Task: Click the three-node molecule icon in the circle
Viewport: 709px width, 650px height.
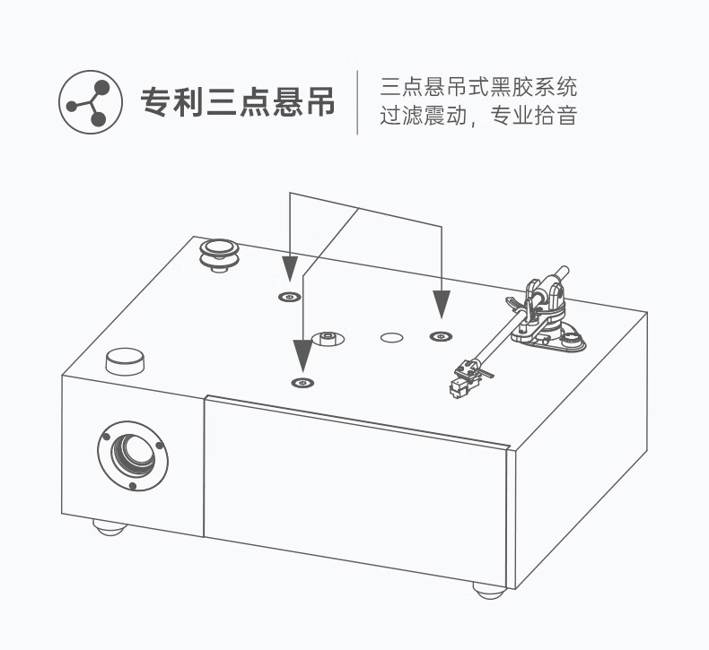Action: point(90,103)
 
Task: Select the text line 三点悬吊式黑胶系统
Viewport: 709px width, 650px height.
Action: point(478,88)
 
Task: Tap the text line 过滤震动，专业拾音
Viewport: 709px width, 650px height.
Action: point(478,117)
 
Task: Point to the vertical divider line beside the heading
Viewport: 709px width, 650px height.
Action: point(358,102)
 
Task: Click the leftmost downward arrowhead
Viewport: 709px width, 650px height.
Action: point(290,268)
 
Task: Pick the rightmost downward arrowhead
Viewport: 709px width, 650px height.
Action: point(441,305)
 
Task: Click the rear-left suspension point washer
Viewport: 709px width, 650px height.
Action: point(290,297)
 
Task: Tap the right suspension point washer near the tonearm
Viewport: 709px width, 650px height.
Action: point(440,336)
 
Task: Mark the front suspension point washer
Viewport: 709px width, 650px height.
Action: point(303,383)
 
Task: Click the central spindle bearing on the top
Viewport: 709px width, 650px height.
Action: point(327,339)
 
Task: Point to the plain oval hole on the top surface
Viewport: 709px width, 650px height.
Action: point(391,338)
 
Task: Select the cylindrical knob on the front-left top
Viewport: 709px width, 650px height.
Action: point(125,360)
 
